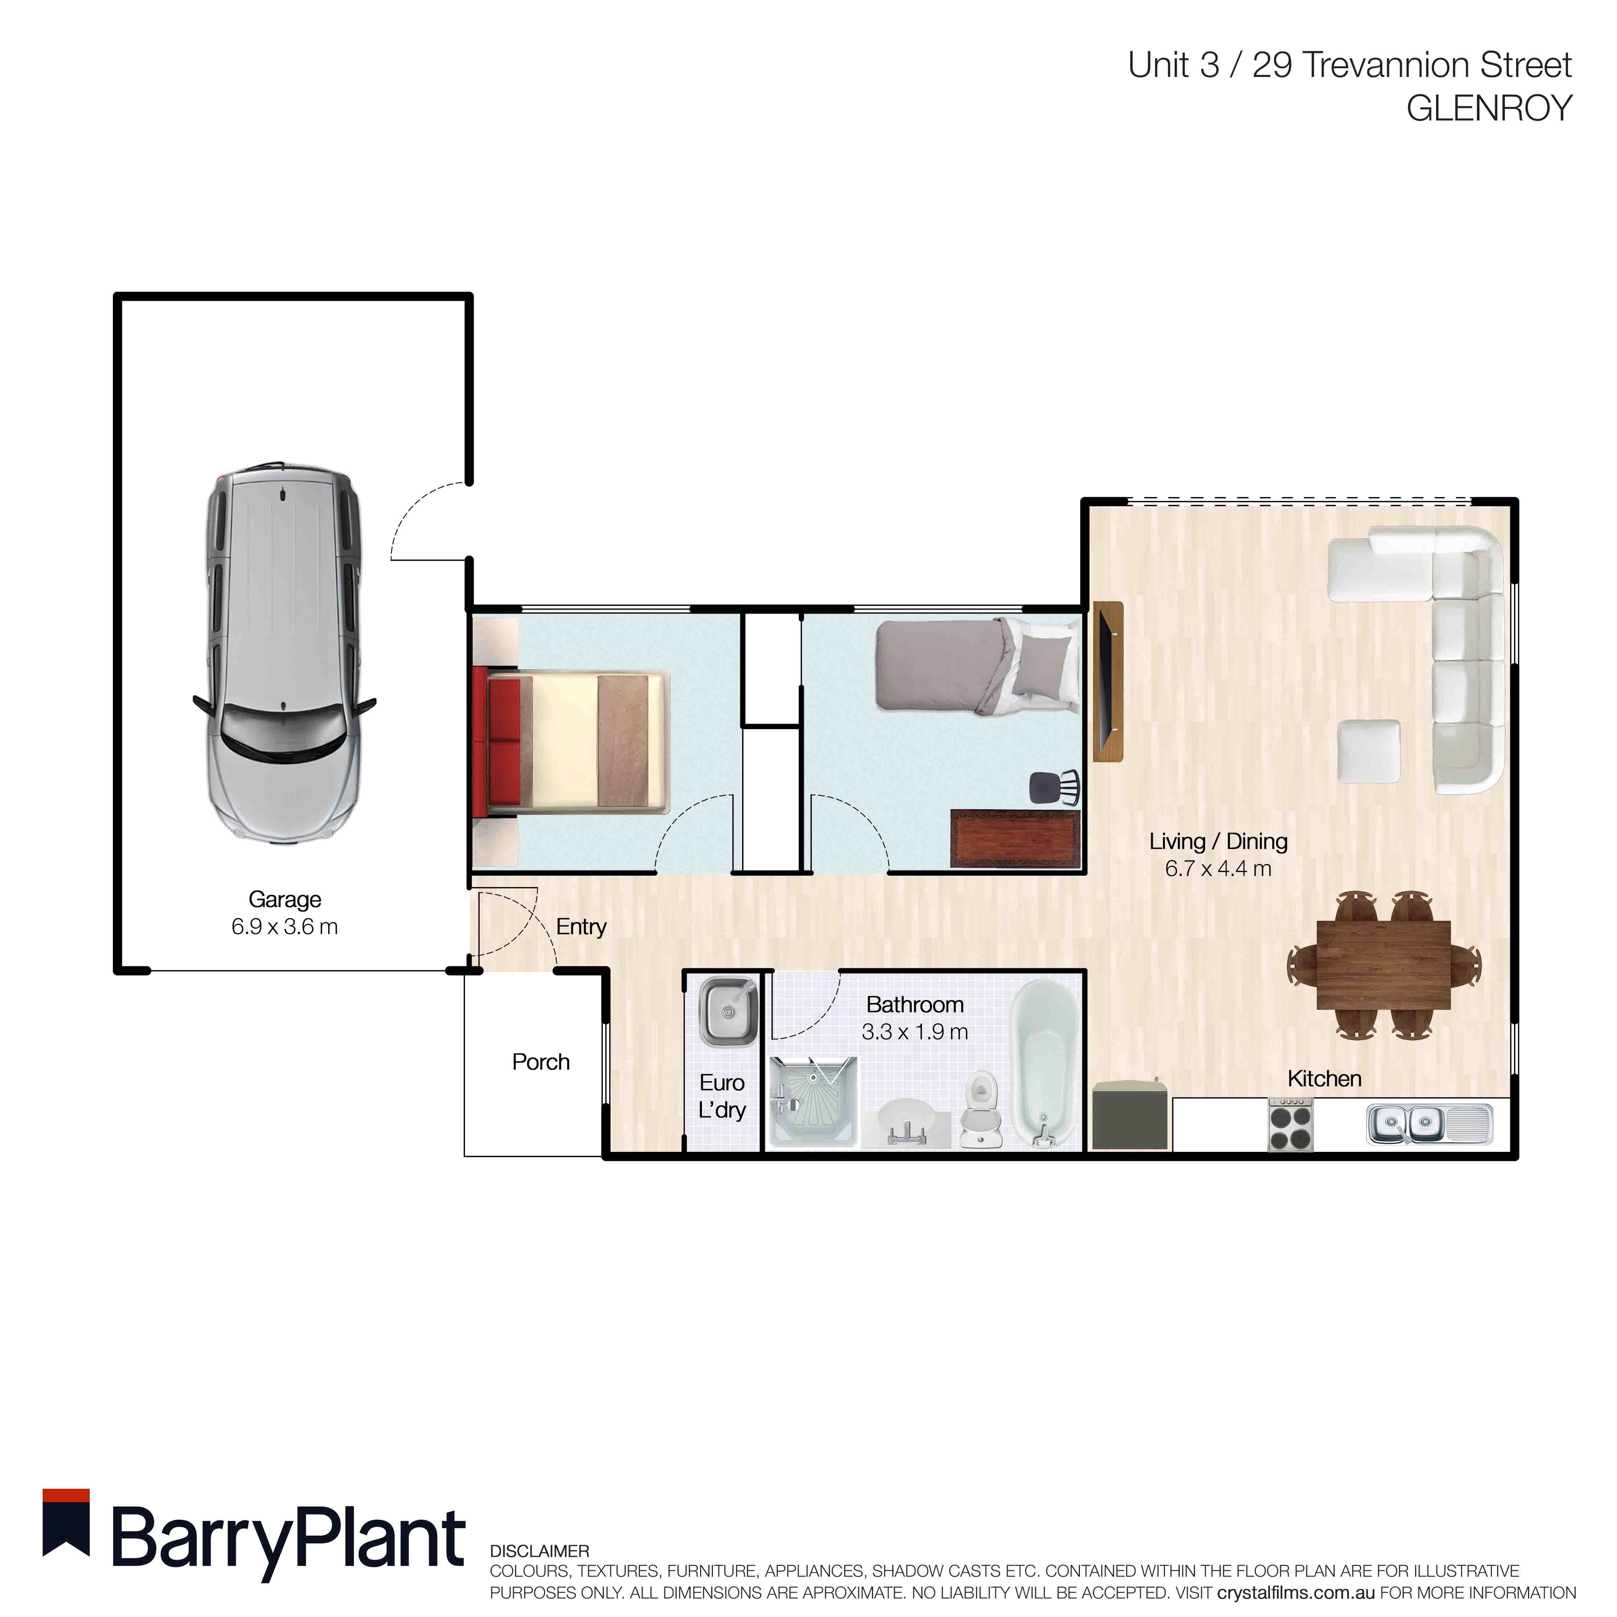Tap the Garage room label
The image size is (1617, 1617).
[284, 900]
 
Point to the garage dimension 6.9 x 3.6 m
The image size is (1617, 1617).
[284, 928]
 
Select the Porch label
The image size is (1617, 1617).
[541, 1062]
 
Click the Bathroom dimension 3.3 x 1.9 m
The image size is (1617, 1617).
[915, 1032]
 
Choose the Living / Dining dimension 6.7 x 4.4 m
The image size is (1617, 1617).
[1218, 869]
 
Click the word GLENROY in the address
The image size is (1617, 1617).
[1489, 109]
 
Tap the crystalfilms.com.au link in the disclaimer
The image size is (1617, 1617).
[1295, 1593]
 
